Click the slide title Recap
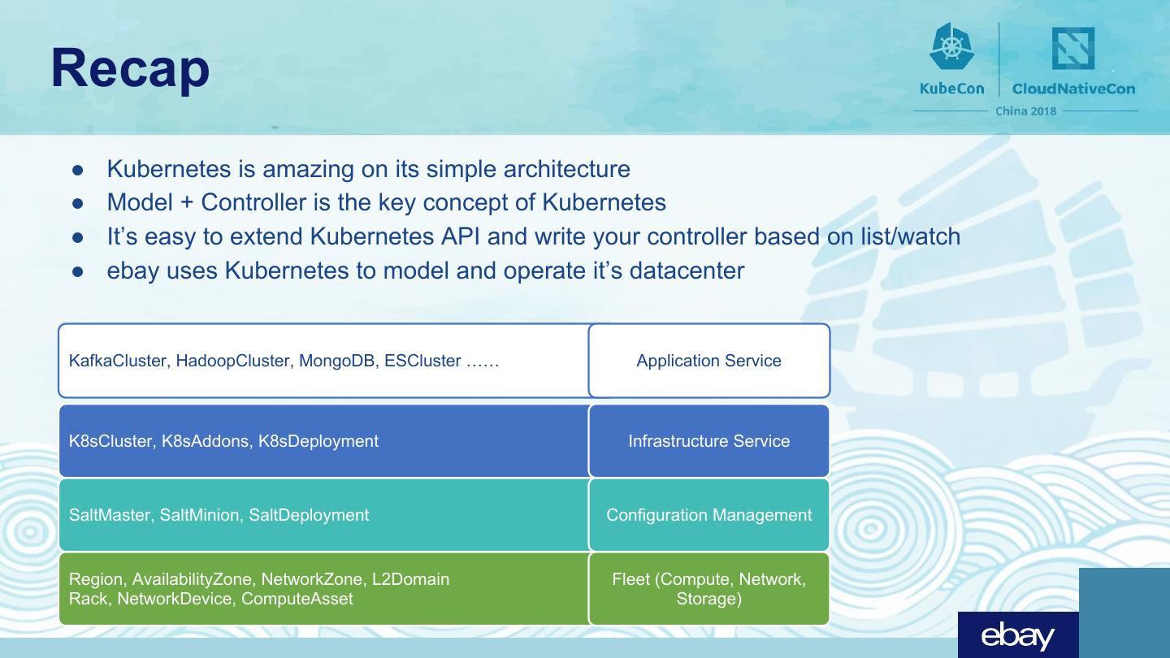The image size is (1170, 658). tap(130, 69)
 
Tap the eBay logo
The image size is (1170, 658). tap(1017, 636)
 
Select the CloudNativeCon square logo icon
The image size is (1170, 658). tap(1073, 49)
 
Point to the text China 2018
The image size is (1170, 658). tap(1026, 111)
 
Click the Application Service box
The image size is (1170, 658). tap(708, 361)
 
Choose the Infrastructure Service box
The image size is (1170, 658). tap(708, 441)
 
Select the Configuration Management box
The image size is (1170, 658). tap(708, 515)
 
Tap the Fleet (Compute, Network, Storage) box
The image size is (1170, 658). tap(708, 589)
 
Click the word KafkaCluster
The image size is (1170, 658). tap(118, 361)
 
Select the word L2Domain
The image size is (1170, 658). tap(410, 579)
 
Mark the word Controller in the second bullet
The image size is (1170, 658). tap(262, 202)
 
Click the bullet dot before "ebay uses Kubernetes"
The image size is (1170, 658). tap(79, 271)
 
